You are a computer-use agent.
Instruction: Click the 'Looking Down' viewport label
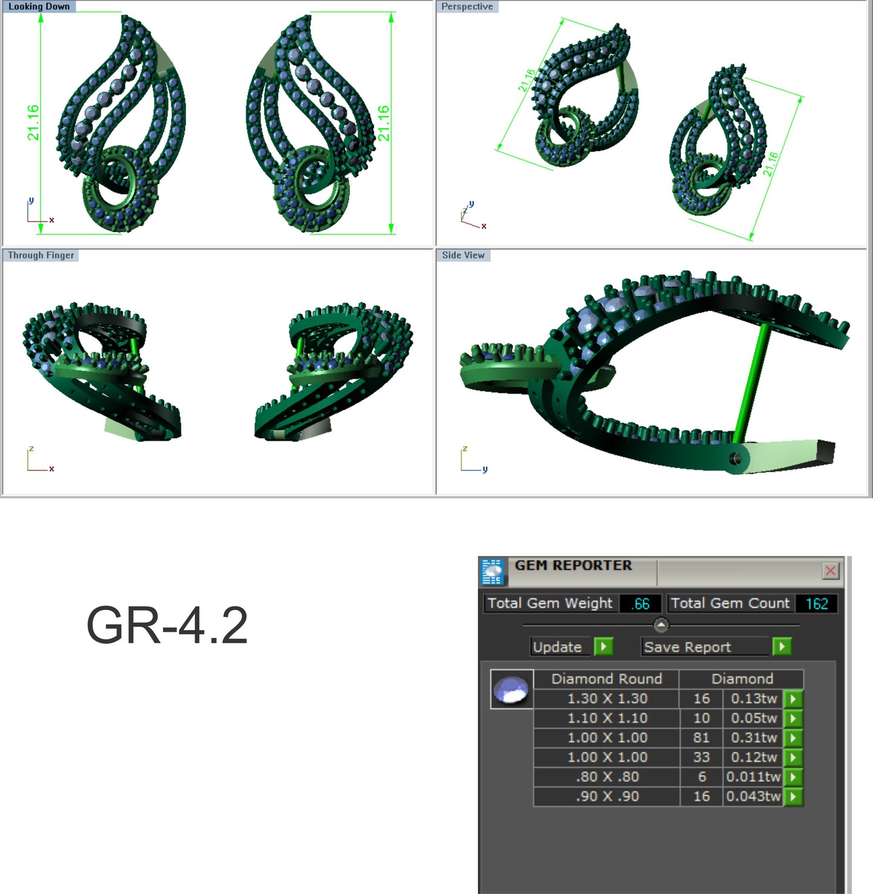pos(39,7)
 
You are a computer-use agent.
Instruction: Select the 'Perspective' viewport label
pos(466,7)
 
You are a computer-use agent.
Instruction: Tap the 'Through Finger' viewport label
pos(40,255)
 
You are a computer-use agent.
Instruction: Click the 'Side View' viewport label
pos(463,255)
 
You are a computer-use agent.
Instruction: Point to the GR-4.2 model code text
pos(167,626)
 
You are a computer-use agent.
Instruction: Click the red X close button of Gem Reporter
pos(831,571)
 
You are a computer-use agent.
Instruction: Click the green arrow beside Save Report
pos(782,647)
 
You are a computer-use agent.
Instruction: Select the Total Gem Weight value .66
pos(640,603)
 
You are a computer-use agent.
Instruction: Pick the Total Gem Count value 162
pos(816,603)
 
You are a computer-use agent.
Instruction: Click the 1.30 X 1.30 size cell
pos(607,699)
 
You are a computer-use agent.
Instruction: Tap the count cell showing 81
pos(701,738)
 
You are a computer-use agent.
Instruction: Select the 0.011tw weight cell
pos(753,777)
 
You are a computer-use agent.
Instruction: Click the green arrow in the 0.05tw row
pos(793,718)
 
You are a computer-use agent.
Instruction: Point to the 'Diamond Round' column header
pos(607,679)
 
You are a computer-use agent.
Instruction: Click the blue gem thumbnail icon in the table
pos(511,689)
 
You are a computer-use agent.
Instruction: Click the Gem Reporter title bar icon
pos(492,571)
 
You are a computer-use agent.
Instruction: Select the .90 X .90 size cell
pos(607,796)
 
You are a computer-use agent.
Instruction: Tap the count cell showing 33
pos(701,757)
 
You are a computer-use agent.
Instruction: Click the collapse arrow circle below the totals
pos(661,625)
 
